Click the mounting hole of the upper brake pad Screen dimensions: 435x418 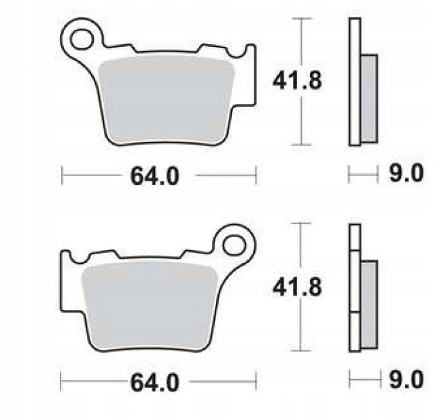pyautogui.click(x=82, y=39)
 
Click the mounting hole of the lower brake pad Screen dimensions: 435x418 pyautogui.click(x=234, y=245)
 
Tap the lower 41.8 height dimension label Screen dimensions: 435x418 pyautogui.click(x=297, y=287)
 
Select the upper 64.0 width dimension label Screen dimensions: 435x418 pyautogui.click(x=155, y=176)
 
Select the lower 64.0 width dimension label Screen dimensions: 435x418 pyautogui.click(x=155, y=383)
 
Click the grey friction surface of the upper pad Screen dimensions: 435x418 pyautogui.click(x=166, y=100)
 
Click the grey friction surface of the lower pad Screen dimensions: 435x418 pyautogui.click(x=150, y=306)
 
